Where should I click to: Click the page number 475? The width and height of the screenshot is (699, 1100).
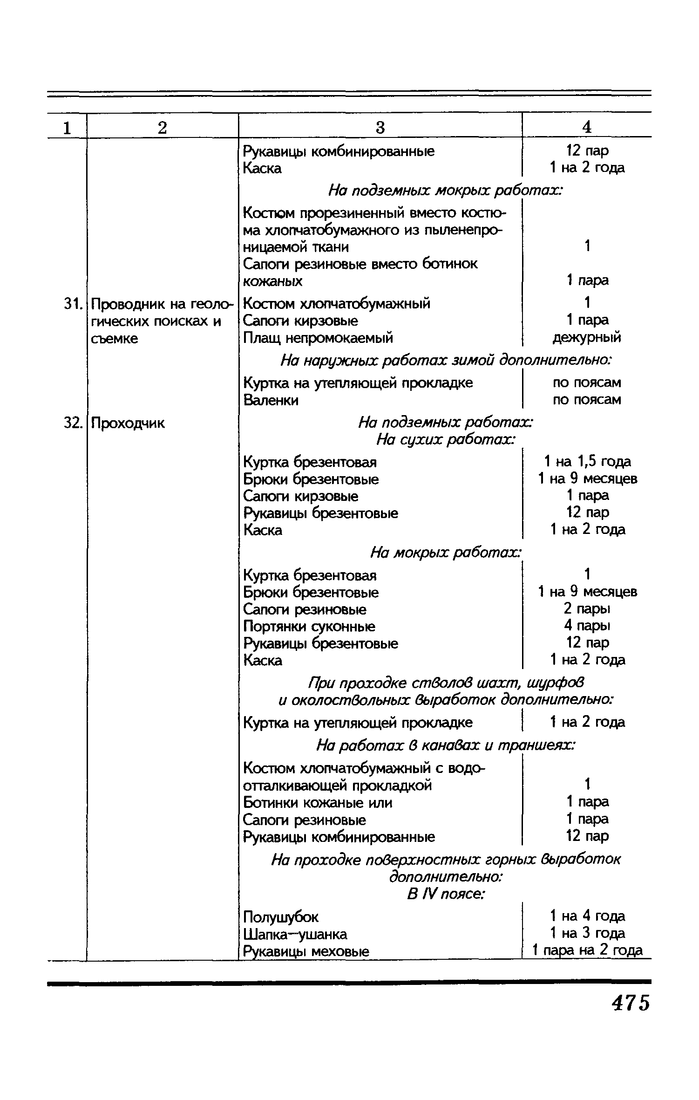coord(630,1003)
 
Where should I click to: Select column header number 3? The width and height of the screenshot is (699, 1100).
coord(380,127)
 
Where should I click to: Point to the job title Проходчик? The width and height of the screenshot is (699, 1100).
coord(128,423)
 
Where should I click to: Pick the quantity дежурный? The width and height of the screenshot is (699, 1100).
coord(587,337)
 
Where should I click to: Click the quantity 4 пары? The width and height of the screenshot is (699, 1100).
coord(587,625)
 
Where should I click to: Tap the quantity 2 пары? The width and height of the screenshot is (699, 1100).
coord(587,608)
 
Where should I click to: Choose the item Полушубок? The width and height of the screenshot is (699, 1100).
coord(281,917)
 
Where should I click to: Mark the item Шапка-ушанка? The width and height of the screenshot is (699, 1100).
coord(295,934)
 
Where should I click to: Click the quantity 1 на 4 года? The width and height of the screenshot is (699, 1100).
coord(587,916)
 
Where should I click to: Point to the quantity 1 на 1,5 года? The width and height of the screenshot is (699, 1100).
coord(587,462)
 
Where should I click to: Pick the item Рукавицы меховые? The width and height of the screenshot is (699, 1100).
coord(306,951)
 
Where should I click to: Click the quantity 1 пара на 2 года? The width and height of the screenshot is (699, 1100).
coord(587,950)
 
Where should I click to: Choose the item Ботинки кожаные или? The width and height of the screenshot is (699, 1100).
coord(318,803)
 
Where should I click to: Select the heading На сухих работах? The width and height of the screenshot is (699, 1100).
coord(446,439)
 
